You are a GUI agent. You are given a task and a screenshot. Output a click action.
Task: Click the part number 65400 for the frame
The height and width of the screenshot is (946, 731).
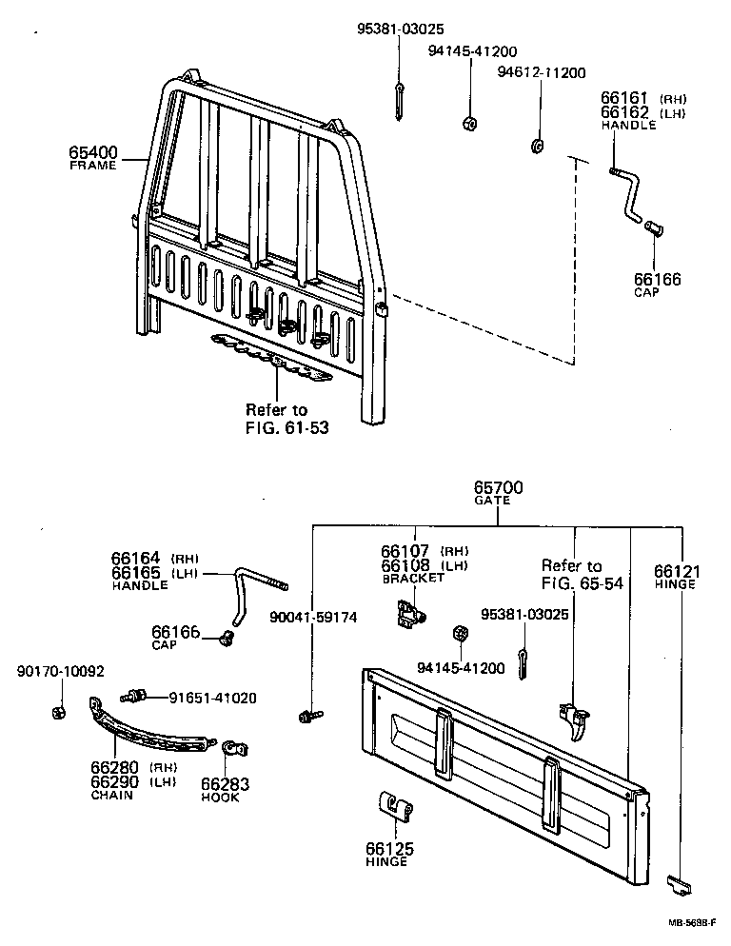91,151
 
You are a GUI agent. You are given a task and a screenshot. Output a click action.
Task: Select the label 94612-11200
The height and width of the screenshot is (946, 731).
542,72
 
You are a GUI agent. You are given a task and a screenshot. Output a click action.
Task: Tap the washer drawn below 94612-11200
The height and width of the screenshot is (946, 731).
537,146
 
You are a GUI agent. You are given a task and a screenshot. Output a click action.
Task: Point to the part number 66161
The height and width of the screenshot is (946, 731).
624,98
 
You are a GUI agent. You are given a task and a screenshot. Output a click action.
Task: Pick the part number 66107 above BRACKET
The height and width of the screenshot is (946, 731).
405,551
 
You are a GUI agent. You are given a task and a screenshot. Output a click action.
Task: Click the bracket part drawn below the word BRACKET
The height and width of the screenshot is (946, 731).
407,613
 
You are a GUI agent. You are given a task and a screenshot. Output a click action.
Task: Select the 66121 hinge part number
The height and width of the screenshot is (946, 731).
677,571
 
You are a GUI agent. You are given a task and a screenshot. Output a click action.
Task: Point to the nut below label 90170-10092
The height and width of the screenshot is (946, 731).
56,711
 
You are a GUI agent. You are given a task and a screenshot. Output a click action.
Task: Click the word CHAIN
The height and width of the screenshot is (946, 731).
111,795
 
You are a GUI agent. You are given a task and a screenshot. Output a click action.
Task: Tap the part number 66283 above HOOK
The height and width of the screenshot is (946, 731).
221,783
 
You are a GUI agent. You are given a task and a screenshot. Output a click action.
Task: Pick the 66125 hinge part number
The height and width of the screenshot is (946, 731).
386,847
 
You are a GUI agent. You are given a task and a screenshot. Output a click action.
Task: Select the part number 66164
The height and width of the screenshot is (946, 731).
135,559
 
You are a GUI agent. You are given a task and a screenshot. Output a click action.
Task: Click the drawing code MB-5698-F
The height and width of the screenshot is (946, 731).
692,922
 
